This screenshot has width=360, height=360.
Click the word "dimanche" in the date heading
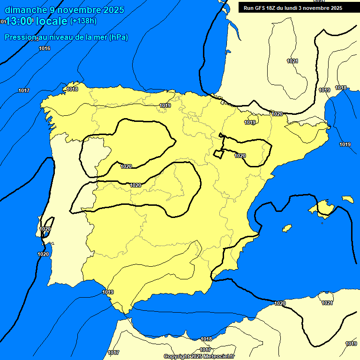pyautogui.click(x=26, y=9)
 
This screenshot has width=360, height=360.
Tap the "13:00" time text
pyautogui.click(x=20, y=21)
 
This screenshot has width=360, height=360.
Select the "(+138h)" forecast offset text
pyautogui.click(x=83, y=21)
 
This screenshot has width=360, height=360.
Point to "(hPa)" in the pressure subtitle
pyautogui.click(x=118, y=37)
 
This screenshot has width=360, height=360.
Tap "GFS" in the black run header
pyautogui.click(x=260, y=8)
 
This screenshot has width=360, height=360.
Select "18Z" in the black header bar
pyautogui.click(x=273, y=8)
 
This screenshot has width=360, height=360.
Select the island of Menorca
pyautogui.click(x=348, y=199)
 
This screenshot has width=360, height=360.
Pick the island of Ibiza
pyautogui.click(x=287, y=228)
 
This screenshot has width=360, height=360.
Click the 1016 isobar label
pyautogui.click(x=45, y=48)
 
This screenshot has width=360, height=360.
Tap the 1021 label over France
pyautogui.click(x=292, y=61)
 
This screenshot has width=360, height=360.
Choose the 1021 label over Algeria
pyautogui.click(x=327, y=303)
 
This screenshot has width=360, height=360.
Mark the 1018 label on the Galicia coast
pyautogui.click(x=72, y=89)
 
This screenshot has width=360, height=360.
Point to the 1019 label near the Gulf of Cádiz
pyautogui.click(x=108, y=292)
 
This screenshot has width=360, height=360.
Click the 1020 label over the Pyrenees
pyautogui.click(x=277, y=114)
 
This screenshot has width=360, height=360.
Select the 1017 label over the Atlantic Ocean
pyautogui.click(x=24, y=90)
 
